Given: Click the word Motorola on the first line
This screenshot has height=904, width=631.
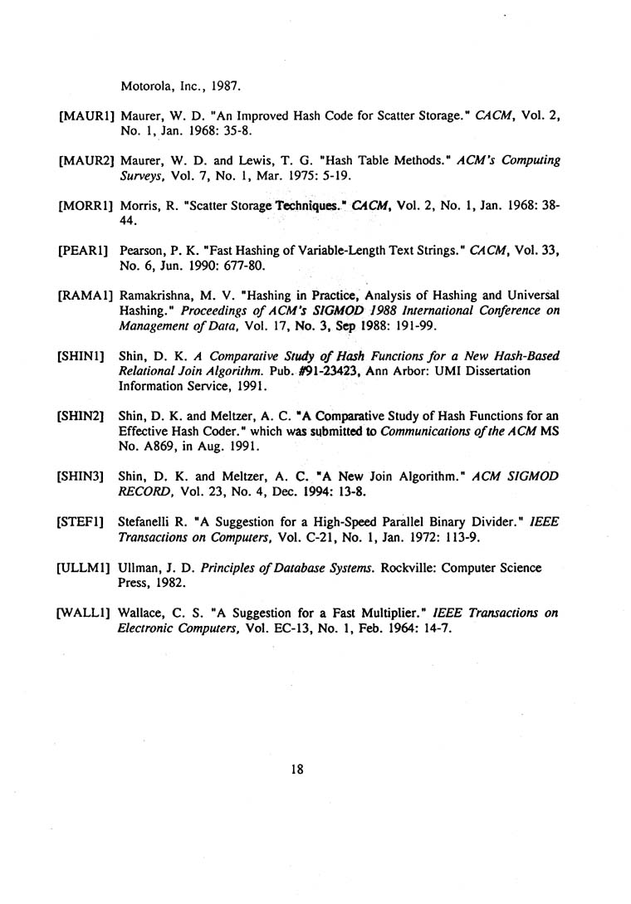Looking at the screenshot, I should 148,84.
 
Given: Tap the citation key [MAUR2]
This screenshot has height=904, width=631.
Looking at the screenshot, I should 86,159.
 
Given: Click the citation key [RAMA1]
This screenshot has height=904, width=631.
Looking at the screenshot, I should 86,296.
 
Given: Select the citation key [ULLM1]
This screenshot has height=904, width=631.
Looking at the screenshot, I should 85,568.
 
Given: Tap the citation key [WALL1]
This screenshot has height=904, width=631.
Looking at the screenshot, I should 85,614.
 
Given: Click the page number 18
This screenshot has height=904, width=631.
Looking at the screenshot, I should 297,770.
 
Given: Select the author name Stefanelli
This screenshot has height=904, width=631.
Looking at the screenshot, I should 149,525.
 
